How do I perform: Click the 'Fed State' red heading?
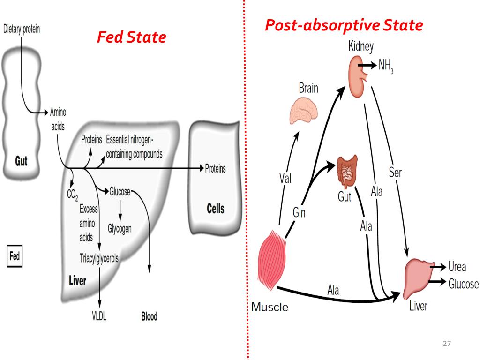[x=131, y=37]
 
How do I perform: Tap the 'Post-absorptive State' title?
[x=344, y=25]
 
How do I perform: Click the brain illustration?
[x=305, y=111]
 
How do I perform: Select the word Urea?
[x=457, y=267]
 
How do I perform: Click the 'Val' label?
[x=285, y=178]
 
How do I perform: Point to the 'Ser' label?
[x=395, y=172]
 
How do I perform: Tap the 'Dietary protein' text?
[x=22, y=29]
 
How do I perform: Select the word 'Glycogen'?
[x=120, y=229]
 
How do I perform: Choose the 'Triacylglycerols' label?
[x=99, y=258]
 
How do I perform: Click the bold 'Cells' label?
[x=216, y=208]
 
